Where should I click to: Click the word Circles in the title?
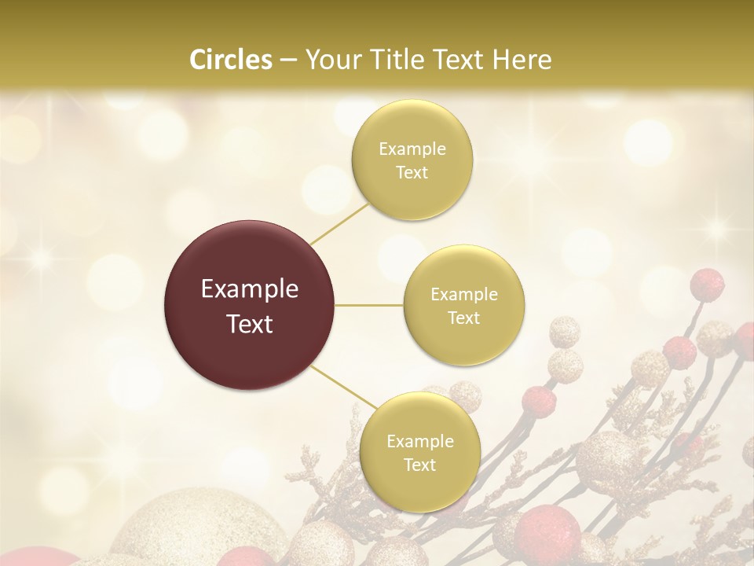click(230, 60)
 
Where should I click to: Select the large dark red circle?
click(250, 306)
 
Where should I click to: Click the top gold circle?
click(412, 160)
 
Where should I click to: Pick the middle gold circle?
click(463, 306)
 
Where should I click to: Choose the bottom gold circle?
click(419, 452)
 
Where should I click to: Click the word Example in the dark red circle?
click(250, 289)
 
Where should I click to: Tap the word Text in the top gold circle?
click(412, 173)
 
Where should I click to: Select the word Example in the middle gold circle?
click(463, 295)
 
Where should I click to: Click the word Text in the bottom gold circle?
click(419, 465)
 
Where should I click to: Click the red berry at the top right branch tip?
click(708, 284)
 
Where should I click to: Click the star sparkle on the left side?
click(38, 259)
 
